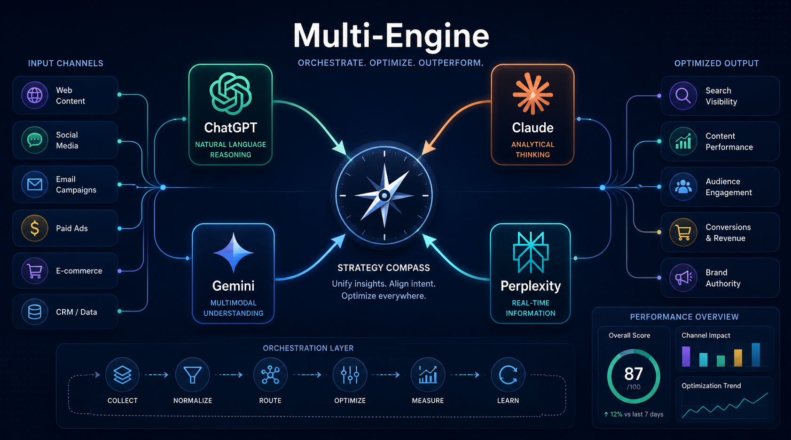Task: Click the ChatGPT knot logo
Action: click(x=231, y=93)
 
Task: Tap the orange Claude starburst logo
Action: click(x=533, y=94)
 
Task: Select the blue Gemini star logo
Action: click(x=234, y=253)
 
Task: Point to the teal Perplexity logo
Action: click(x=531, y=252)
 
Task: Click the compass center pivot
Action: click(x=384, y=195)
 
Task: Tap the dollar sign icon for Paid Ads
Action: click(x=35, y=228)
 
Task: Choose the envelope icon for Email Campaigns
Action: click(x=35, y=184)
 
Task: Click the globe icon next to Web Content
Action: click(x=35, y=95)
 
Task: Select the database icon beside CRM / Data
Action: click(x=35, y=312)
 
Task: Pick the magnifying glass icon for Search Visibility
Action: click(x=683, y=96)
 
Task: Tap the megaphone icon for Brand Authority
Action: click(x=683, y=278)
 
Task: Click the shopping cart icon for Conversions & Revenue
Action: click(x=683, y=233)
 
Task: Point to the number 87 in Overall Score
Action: click(x=634, y=374)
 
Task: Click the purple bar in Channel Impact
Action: click(x=686, y=357)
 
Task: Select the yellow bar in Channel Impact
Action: click(x=738, y=358)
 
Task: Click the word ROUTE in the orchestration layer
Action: click(x=270, y=401)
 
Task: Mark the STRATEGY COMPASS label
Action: click(x=384, y=268)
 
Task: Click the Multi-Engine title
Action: click(x=391, y=36)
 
